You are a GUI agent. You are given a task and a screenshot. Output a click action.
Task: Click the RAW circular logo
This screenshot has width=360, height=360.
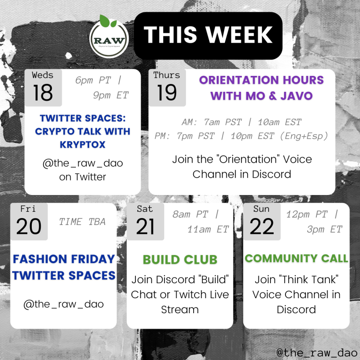point(109,39)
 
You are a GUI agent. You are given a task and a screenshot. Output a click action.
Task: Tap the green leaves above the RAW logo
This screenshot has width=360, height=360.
point(108,21)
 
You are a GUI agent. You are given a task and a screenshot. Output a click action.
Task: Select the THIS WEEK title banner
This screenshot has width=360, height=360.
point(208,35)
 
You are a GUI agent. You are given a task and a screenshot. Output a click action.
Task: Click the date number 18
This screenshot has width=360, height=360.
point(43,92)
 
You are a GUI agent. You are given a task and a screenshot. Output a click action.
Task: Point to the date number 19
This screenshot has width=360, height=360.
point(167,92)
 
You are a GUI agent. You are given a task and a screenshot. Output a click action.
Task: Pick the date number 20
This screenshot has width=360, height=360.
point(29,226)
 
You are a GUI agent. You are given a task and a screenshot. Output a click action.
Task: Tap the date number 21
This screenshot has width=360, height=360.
point(145,226)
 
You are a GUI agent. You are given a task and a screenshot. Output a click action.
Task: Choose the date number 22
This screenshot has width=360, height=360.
point(262,226)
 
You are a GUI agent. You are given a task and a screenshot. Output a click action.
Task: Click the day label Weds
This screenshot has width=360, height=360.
point(42,75)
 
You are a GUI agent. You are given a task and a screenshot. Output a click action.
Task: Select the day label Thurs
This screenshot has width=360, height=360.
point(167,75)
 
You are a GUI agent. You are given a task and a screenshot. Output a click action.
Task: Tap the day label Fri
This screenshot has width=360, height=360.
point(28,209)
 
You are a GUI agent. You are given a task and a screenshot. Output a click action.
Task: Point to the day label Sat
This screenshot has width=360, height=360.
point(145,209)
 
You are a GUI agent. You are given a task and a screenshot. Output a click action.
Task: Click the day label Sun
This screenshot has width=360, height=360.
point(261,209)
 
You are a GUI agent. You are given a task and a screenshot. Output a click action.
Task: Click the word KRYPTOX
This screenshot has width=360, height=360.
point(83,145)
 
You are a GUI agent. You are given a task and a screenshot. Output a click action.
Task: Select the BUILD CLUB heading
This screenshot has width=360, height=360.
point(180,260)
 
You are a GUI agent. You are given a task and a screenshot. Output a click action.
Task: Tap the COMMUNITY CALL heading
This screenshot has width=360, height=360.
point(296,258)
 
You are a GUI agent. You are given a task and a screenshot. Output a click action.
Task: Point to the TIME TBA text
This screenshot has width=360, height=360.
point(82,222)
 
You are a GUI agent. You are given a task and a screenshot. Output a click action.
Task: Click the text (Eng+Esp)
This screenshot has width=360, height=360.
point(304,136)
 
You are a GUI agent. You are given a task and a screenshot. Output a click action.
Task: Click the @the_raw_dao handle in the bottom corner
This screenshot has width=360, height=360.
point(317,352)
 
